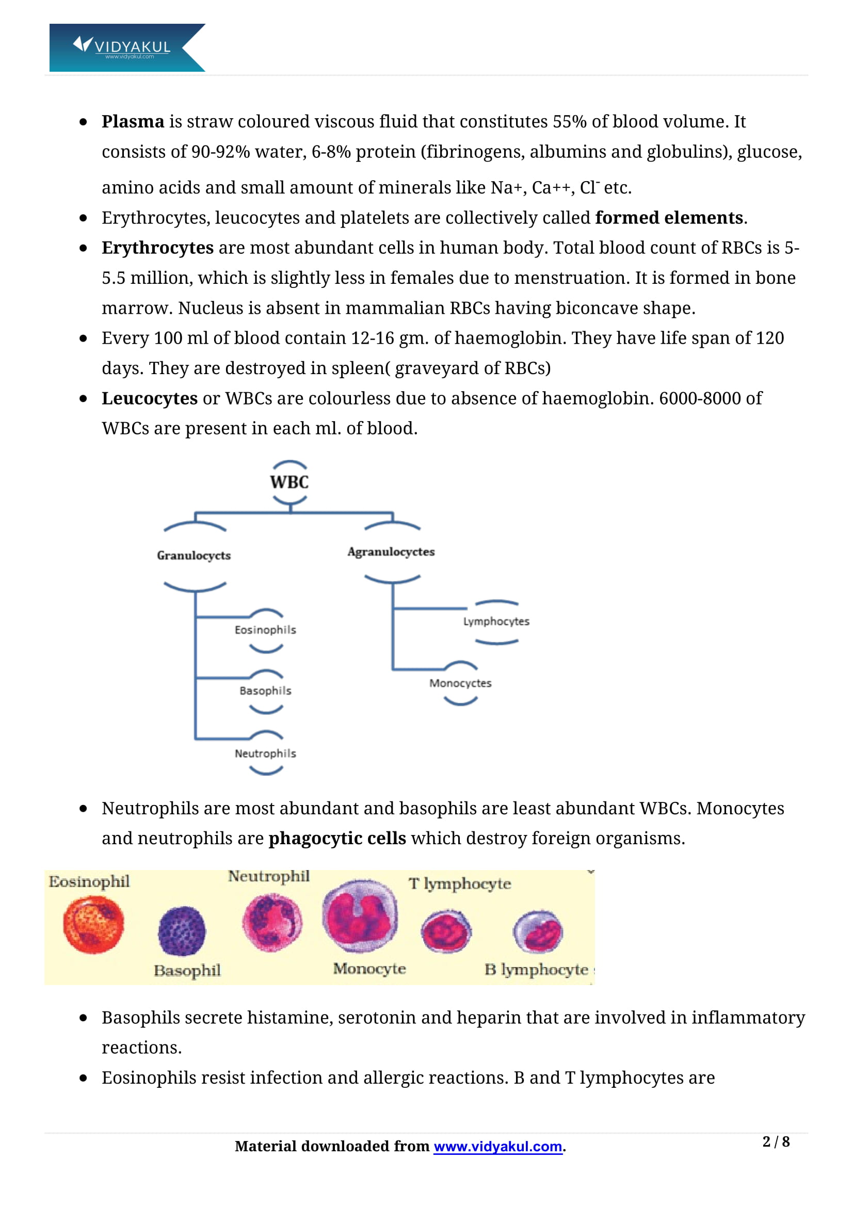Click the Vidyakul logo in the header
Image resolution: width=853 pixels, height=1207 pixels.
point(127,47)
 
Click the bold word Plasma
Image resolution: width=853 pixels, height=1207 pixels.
point(133,121)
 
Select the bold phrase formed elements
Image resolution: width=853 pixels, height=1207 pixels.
point(669,218)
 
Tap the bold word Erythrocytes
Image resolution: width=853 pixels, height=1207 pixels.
point(158,248)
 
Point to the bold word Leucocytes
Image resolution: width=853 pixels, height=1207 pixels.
point(150,398)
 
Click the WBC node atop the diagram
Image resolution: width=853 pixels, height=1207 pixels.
point(289,482)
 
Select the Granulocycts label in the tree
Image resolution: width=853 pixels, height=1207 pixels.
point(194,556)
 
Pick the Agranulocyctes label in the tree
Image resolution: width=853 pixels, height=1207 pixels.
point(391,552)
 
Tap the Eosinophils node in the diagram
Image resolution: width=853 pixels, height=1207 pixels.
point(265,630)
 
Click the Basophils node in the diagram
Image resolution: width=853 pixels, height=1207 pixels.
point(265,691)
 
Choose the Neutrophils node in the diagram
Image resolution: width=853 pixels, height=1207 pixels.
point(265,753)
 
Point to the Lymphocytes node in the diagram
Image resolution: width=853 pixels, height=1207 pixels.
point(496,621)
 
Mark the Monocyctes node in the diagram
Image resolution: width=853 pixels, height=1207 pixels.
point(460,683)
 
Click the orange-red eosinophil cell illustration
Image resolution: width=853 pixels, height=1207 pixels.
point(93,925)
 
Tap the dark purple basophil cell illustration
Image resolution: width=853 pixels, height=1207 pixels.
point(182,931)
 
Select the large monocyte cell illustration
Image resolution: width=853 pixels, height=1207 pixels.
point(360,916)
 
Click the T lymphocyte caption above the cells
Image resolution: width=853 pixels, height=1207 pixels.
point(460,883)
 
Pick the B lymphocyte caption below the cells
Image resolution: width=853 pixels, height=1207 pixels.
point(536,970)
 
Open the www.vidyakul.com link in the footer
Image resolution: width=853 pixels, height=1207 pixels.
point(498,1147)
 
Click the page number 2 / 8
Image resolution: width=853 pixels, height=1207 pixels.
point(776,1142)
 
